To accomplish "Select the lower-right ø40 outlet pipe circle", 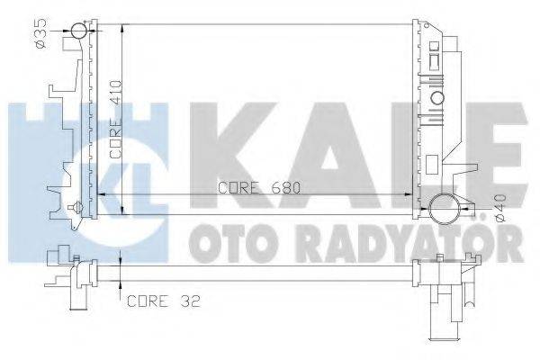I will pyautogui.click(x=444, y=210).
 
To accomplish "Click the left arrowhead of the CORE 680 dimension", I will pyautogui.click(x=101, y=194).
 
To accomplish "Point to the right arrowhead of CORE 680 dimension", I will pyautogui.click(x=410, y=194).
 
